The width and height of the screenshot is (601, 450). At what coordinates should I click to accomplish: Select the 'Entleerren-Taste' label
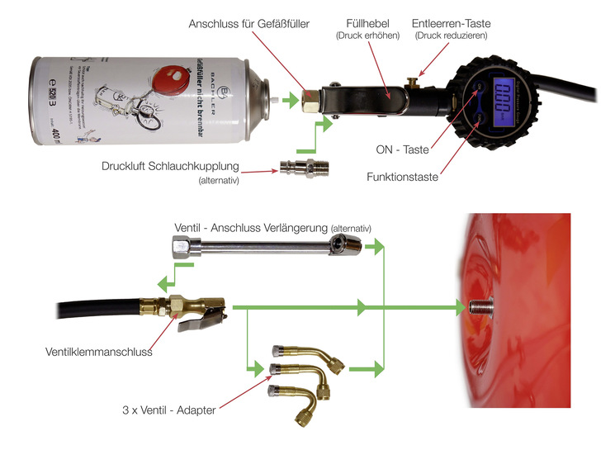coord(451,24)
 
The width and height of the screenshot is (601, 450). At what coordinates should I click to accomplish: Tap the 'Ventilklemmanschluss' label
coord(98,352)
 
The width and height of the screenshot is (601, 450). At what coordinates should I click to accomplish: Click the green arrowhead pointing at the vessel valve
coord(459,308)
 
